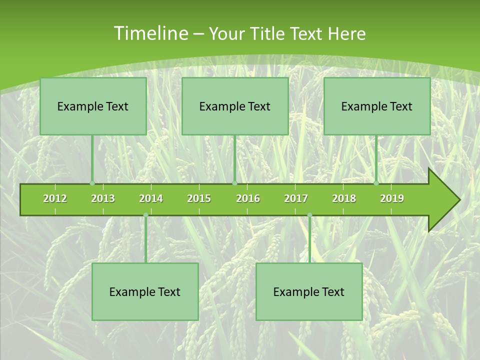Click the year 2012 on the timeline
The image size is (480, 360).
[55, 198]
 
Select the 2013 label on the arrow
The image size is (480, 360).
[103, 198]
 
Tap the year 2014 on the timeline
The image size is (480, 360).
[151, 198]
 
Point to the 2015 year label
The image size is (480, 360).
[199, 198]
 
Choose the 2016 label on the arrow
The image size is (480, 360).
[248, 198]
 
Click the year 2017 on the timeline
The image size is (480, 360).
[296, 198]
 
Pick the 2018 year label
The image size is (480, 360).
[344, 198]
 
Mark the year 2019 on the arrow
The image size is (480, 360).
[392, 198]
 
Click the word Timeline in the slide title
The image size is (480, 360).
[150, 33]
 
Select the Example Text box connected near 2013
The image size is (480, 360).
[93, 106]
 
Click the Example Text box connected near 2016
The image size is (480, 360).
[235, 106]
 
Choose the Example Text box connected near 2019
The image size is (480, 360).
[377, 106]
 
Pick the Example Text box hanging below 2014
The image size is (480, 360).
[145, 291]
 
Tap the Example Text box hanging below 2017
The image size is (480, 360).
[309, 291]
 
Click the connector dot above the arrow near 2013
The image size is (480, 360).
[92, 183]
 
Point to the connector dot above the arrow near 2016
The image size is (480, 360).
[234, 183]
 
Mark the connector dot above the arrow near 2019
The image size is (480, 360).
[376, 183]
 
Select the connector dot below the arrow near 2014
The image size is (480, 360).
[145, 215]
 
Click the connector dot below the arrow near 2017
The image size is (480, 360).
[309, 215]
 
